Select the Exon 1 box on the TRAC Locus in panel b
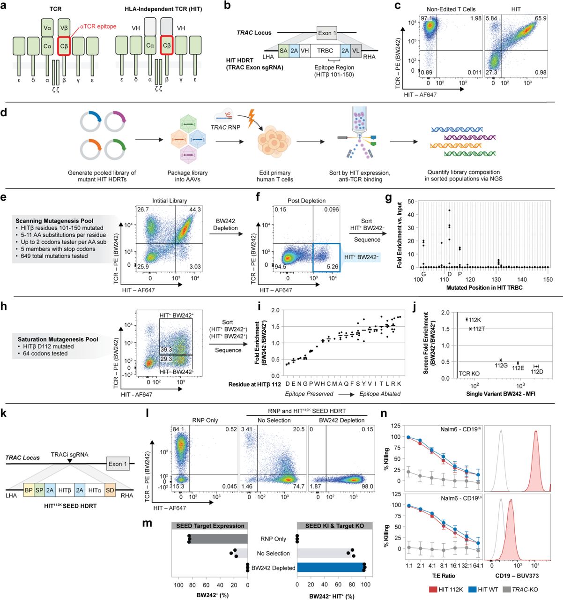(x=326, y=33)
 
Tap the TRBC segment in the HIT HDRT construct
(x=325, y=51)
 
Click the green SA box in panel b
(x=283, y=51)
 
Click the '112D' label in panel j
(x=537, y=372)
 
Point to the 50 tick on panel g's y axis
(x=411, y=202)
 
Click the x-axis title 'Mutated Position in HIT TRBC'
(x=484, y=287)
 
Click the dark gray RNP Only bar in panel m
(x=218, y=539)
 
